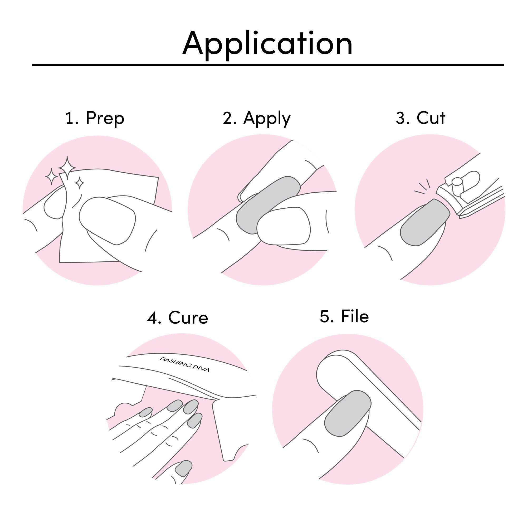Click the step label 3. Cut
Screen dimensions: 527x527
[x=421, y=118]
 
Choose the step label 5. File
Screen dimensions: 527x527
[x=344, y=316]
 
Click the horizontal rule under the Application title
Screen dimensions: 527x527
[x=268, y=65]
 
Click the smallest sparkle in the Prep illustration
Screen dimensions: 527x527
[x=79, y=183]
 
